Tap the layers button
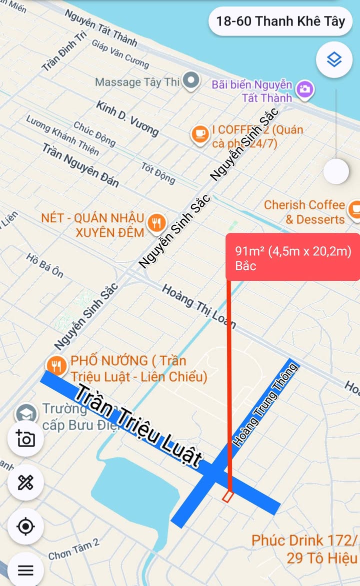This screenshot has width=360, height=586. tap(334, 60)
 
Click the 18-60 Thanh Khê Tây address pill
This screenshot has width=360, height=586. tap(280, 21)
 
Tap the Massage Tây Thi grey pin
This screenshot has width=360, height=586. tap(190, 80)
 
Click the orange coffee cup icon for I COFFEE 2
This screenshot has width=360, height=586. tap(200, 134)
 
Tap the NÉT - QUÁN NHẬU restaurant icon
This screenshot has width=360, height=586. tap(157, 223)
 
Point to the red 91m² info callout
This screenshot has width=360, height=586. tap(292, 258)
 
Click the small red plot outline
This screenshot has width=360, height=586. tap(227, 497)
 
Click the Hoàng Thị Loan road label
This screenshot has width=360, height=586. tap(198, 305)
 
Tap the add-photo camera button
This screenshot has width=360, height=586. tap(25, 438)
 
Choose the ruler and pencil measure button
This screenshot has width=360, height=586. tap(25, 483)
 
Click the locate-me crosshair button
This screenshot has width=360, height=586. tap(25, 527)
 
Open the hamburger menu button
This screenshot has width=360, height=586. tap(25, 570)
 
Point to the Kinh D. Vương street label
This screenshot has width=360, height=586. tap(127, 118)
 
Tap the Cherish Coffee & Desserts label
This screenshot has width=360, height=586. tap(305, 212)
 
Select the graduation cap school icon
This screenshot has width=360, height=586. tap(26, 414)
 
